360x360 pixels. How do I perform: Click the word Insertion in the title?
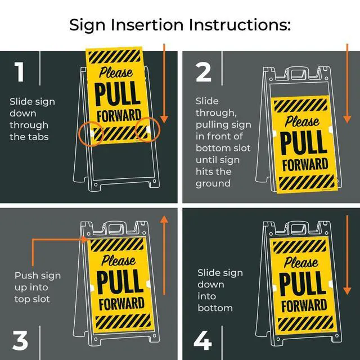[147, 25]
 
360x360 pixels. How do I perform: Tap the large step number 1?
[19, 71]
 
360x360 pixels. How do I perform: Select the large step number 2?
[203, 72]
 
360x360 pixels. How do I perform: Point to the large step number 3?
[20, 340]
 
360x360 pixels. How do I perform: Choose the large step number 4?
[202, 340]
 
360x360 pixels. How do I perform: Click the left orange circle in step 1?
[91, 134]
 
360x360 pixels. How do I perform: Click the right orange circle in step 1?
[147, 129]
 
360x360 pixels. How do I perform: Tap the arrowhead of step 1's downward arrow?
[164, 119]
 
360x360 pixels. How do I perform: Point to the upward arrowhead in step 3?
[164, 219]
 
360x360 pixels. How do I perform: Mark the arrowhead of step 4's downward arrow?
[347, 291]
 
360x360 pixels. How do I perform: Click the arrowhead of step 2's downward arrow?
[347, 119]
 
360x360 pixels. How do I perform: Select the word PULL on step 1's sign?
[118, 93]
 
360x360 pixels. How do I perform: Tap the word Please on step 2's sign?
[302, 121]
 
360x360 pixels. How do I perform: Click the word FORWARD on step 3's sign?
[121, 304]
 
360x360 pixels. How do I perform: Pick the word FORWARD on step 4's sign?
[304, 305]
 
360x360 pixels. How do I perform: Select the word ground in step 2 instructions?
[213, 184]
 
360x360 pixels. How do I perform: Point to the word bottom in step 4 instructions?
[215, 308]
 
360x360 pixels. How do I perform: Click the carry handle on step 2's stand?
[298, 73]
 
